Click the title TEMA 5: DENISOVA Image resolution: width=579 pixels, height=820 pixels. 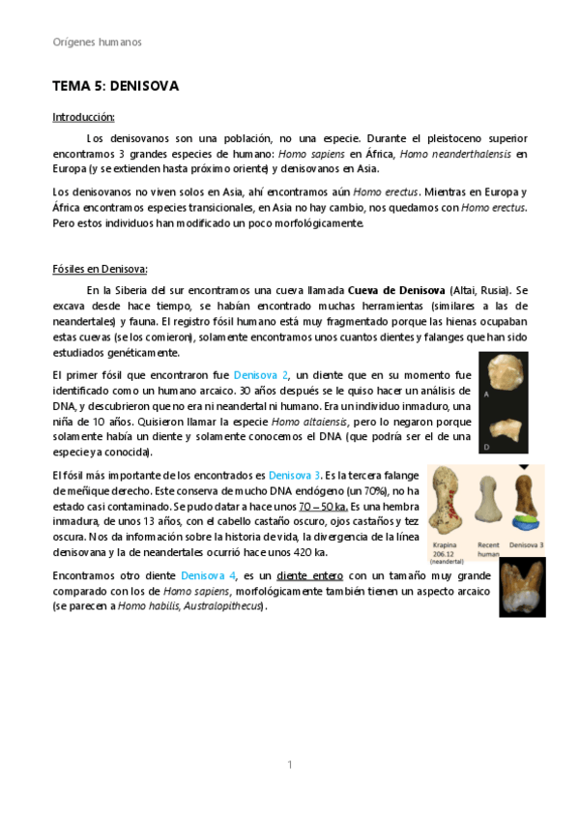[x=115, y=86]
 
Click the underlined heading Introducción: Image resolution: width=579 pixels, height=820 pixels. [x=83, y=117]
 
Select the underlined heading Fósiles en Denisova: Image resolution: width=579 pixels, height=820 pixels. [x=99, y=269]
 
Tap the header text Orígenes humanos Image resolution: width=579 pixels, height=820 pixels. [x=97, y=42]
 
